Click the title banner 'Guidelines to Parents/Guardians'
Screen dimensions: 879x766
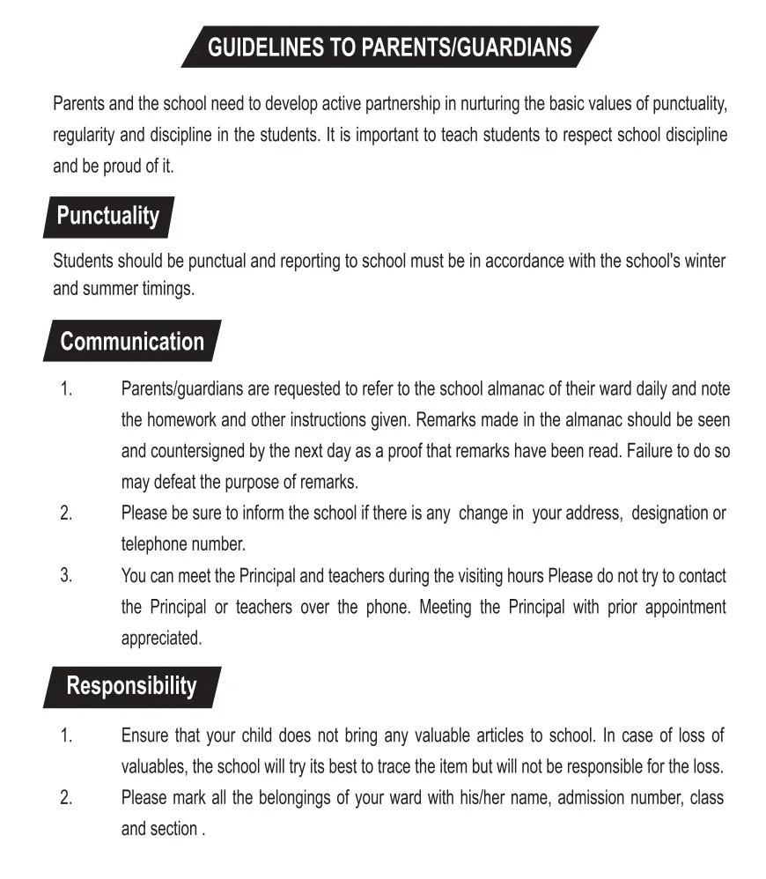(x=389, y=47)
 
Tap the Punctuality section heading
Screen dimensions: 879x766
(x=108, y=217)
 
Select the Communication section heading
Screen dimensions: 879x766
(x=132, y=342)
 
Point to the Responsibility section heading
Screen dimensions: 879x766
(x=132, y=686)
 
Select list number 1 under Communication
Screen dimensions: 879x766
(x=66, y=388)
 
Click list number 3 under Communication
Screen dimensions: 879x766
(x=66, y=575)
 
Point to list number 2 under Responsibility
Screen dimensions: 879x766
(x=66, y=798)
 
